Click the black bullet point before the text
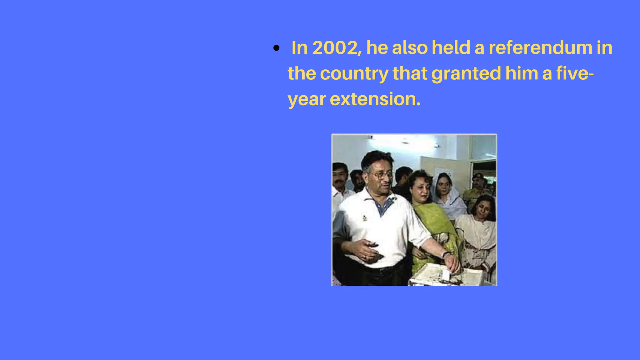(x=276, y=48)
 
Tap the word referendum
(x=540, y=48)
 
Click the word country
(x=354, y=74)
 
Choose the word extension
(x=375, y=99)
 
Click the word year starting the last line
(x=307, y=100)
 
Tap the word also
(x=410, y=48)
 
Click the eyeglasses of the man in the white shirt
(x=380, y=175)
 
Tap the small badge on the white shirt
(x=364, y=217)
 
